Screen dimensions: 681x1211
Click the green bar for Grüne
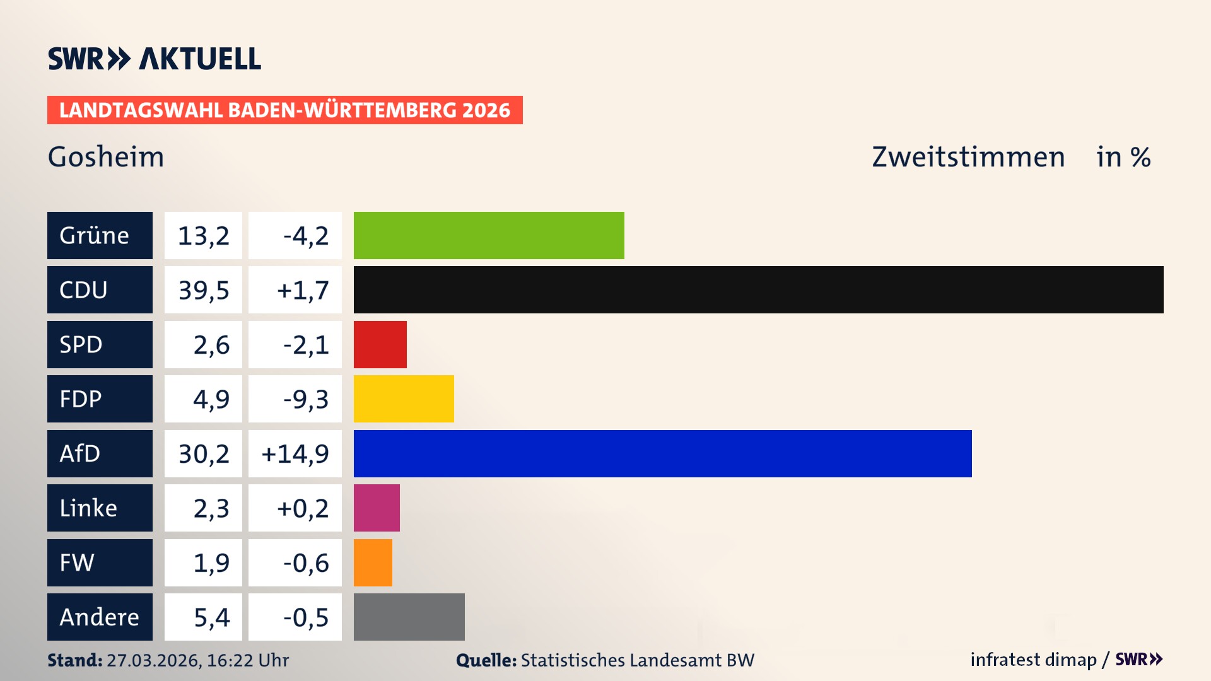(489, 235)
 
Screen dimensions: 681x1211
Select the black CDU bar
(758, 290)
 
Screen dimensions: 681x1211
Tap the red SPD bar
(380, 344)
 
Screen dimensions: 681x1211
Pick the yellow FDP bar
(404, 399)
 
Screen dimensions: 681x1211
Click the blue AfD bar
(662, 453)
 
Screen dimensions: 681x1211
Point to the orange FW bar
(373, 562)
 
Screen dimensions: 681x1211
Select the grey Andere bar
(409, 617)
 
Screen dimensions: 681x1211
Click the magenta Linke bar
(377, 508)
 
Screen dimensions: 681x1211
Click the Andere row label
(100, 617)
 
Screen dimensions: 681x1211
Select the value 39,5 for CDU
(203, 290)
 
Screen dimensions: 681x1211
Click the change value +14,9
(295, 453)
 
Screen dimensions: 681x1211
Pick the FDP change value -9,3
(305, 399)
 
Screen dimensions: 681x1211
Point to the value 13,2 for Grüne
(203, 235)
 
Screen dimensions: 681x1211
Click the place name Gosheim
(106, 156)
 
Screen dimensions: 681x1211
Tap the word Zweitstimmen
(968, 156)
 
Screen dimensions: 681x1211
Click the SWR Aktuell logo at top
(155, 59)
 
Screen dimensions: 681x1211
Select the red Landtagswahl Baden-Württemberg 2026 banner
(284, 110)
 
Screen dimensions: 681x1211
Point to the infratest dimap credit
(1033, 660)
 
